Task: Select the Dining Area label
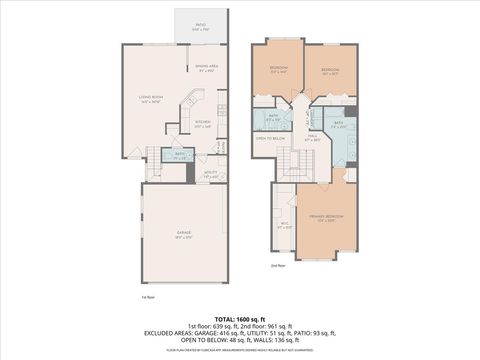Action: coord(208,69)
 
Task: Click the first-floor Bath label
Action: coord(181,156)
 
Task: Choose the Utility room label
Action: coord(210,174)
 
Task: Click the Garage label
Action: coord(184,236)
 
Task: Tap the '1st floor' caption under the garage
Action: coord(148,297)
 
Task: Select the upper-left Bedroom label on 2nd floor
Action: coord(278,69)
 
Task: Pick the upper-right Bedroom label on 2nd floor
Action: coord(331,71)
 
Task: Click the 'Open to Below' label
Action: coord(272,138)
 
